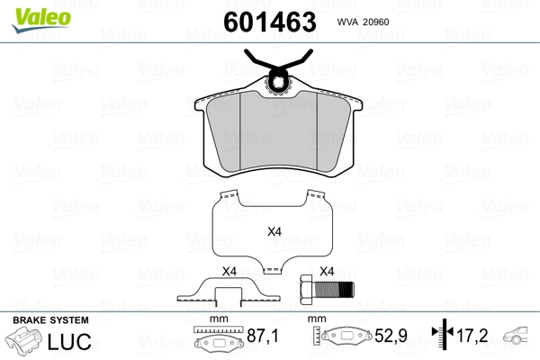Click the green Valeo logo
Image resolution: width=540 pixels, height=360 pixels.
[x=41, y=19]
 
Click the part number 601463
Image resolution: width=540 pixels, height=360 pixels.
[x=270, y=22]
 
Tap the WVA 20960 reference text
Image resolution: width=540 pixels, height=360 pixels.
[x=363, y=22]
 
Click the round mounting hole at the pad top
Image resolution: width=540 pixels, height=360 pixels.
[x=278, y=83]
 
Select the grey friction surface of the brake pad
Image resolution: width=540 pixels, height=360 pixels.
[x=278, y=132]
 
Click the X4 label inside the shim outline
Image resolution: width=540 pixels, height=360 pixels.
[x=274, y=231]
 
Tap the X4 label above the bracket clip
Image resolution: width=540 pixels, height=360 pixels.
[x=229, y=272]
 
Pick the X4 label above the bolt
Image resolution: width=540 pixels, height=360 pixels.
[x=327, y=272]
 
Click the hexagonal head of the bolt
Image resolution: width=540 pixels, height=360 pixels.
[x=307, y=290]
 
